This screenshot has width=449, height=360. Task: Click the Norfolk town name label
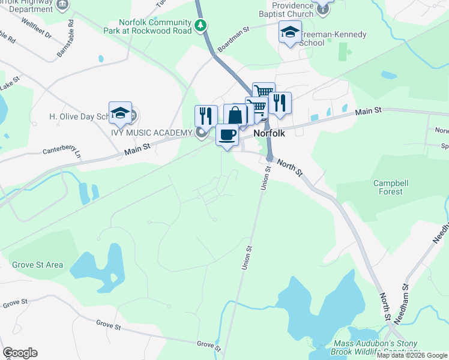268,134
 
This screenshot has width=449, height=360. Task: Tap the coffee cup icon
227,134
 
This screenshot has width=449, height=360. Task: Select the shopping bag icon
235,115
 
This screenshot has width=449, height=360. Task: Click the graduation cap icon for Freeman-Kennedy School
290,32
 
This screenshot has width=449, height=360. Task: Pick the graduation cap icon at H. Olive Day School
120,112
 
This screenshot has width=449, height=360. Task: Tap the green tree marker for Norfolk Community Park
201,25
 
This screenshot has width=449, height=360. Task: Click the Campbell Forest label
391,187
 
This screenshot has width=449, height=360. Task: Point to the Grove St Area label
37,265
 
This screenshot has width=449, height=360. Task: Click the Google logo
20,353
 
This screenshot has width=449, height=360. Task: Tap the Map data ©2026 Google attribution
412,355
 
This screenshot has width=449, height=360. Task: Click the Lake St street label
10,83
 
